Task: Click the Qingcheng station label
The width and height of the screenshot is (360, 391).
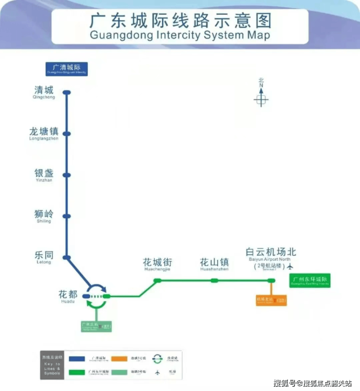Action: (x=44, y=92)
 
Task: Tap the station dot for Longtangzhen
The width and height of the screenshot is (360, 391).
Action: (x=67, y=134)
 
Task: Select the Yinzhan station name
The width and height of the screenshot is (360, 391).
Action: (x=44, y=175)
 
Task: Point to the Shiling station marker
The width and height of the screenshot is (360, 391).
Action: (x=67, y=216)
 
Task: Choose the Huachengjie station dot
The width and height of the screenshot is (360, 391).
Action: (x=157, y=281)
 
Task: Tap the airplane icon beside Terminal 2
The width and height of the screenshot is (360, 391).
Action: (x=291, y=267)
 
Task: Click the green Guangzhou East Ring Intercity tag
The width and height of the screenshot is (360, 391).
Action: (x=310, y=281)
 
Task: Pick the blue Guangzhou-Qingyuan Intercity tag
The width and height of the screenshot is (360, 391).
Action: (x=67, y=69)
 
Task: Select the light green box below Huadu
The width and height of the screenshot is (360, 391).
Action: (x=96, y=326)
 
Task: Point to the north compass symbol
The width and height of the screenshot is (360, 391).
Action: (x=261, y=99)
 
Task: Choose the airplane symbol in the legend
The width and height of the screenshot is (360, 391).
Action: (x=158, y=373)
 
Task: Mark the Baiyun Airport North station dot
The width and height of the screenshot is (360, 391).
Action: (x=271, y=281)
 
